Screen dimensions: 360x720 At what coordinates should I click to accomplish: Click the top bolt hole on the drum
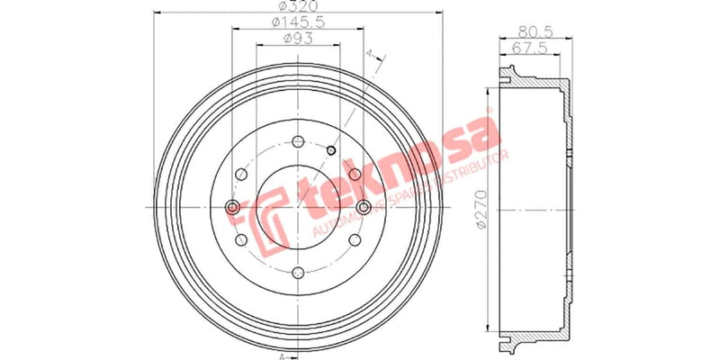(x=298, y=140)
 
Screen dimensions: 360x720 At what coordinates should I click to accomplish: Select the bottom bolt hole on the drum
(x=298, y=273)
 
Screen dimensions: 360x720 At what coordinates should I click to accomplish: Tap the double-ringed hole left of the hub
(x=233, y=208)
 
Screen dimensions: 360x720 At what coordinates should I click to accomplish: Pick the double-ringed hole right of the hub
(x=363, y=208)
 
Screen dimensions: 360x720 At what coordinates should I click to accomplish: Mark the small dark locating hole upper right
(x=331, y=149)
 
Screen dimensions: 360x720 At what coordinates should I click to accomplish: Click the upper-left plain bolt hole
(x=241, y=175)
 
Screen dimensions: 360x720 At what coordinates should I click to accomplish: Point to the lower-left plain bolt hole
(x=241, y=240)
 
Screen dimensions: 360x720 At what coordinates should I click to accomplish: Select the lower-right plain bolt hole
(x=355, y=240)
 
